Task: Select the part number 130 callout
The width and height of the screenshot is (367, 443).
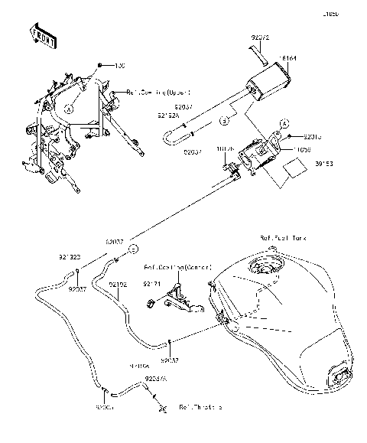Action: [119, 67]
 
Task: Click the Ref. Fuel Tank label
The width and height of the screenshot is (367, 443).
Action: [282, 239]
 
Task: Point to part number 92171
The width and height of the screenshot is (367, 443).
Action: [154, 283]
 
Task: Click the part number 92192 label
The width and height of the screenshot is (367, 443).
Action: [118, 284]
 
